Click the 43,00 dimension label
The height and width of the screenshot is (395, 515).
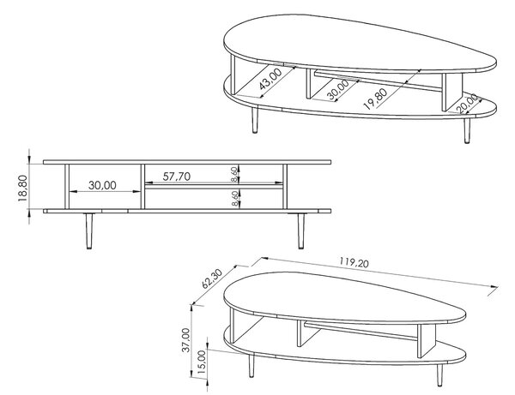coord(270,79)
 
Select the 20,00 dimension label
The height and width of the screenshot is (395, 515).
coord(468,104)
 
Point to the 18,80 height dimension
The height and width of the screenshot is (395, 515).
coord(22,188)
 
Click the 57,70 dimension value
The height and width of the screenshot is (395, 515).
coord(177,177)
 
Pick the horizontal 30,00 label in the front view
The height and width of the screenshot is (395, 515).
coord(102,185)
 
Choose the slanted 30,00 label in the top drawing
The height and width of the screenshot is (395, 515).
coord(338,89)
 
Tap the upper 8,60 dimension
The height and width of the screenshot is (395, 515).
coord(234,174)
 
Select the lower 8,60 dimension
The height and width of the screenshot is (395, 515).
coord(234,199)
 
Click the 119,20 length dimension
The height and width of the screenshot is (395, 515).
coord(354,262)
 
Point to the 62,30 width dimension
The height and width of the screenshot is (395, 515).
coord(212,278)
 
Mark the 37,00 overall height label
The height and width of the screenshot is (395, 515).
coord(186,340)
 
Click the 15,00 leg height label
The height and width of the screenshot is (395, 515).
coord(202,362)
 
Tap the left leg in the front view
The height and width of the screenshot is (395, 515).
coord(89,230)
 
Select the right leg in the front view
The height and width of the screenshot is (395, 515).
coord(300,230)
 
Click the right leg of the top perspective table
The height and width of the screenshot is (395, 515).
coord(467,130)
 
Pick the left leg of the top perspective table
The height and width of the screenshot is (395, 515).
coord(255,120)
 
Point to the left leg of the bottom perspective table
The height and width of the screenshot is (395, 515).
coord(251,365)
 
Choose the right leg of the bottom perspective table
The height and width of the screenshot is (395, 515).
coord(439,374)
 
